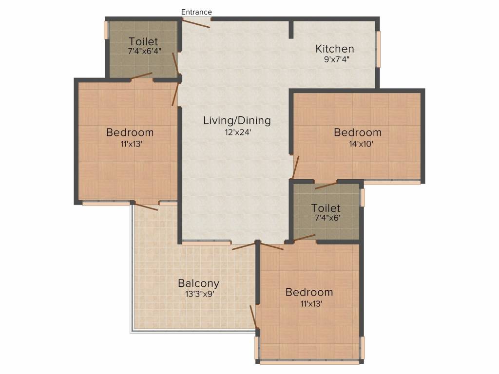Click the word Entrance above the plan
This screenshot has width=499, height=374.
point(196,12)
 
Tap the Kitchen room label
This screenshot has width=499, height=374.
point(334,49)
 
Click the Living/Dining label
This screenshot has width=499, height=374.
point(237,121)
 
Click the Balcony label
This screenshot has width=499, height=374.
point(199,283)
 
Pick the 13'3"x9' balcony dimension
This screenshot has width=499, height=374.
point(199,294)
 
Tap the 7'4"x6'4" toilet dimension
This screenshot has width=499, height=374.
point(144,51)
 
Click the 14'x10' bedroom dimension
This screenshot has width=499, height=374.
point(361,144)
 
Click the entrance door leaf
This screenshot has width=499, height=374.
point(196,23)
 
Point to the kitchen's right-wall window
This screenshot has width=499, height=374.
point(378,49)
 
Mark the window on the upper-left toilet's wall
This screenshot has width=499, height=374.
point(106,30)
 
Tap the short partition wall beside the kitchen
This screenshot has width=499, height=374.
point(291,30)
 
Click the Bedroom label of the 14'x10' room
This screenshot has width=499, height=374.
point(357,132)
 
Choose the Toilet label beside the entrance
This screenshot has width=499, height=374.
point(143,41)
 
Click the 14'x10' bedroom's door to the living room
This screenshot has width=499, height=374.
point(296,168)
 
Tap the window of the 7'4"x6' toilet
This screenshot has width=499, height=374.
point(362,198)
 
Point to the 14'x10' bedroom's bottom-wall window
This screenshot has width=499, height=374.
point(392,183)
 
